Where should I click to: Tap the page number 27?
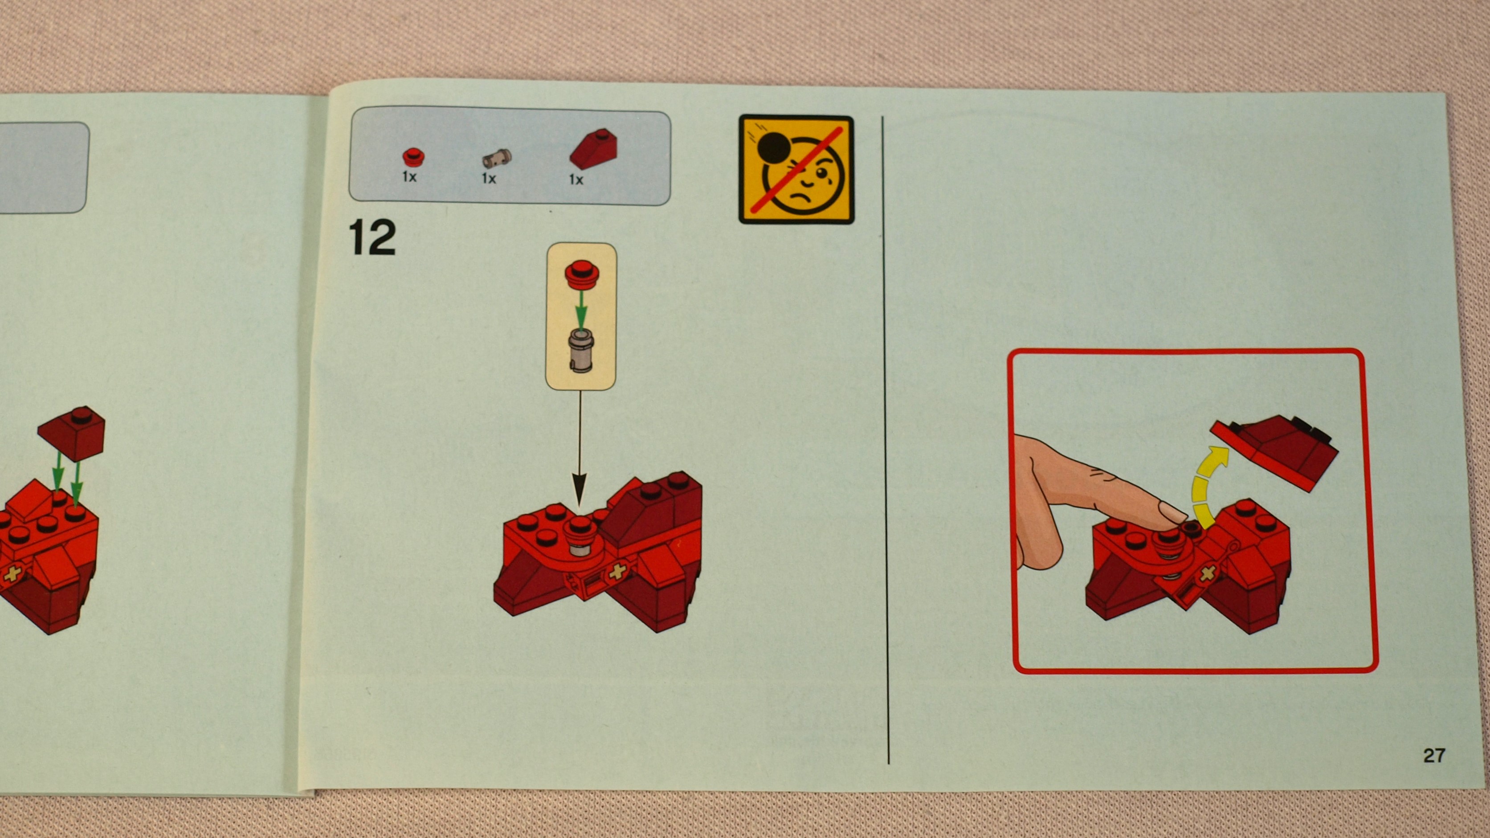pyautogui.click(x=1434, y=755)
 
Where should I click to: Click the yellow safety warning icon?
pyautogui.click(x=796, y=169)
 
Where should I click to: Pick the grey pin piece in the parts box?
pyautogui.click(x=497, y=157)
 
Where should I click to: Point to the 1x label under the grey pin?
pyautogui.click(x=489, y=179)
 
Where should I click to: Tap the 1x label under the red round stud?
pyautogui.click(x=409, y=177)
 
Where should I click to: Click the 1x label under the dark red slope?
pyautogui.click(x=576, y=180)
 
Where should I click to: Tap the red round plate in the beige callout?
pyautogui.click(x=581, y=274)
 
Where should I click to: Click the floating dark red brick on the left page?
pyautogui.click(x=72, y=433)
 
